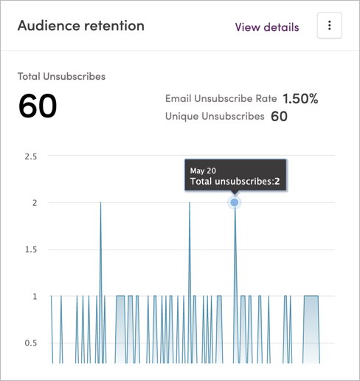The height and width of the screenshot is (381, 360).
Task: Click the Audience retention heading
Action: pos(80,26)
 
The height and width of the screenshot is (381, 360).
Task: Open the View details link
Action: pos(267,27)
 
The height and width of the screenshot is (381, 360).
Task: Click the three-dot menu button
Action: pos(329,26)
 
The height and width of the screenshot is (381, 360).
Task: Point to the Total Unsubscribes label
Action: pos(61,76)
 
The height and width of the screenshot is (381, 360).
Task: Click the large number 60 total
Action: pos(38,107)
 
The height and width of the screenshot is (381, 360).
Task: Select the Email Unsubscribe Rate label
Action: pos(221,99)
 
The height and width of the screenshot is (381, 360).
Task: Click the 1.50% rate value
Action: pos(300,99)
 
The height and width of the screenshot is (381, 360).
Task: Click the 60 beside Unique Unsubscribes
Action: pos(279,117)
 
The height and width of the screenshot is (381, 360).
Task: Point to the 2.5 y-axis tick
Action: pos(31,157)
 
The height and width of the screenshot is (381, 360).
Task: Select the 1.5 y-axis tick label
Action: pos(31,250)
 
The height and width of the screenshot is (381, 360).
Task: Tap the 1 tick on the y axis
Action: pos(34,296)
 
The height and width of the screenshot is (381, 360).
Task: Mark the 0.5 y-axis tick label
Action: pos(31,343)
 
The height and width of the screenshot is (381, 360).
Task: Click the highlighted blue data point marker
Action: pos(235,202)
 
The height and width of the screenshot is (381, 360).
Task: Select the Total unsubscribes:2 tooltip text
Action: pos(235,180)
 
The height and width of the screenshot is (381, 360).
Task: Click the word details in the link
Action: pos(281,27)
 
